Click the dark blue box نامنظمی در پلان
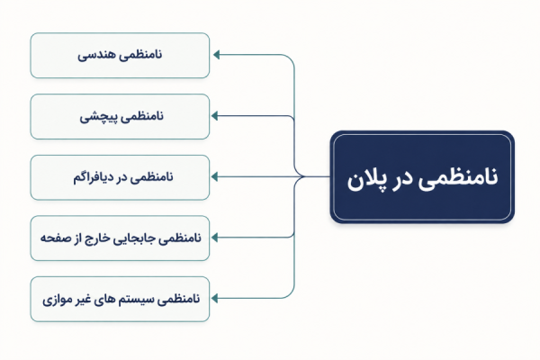pos(422,176)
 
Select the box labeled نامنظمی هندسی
pos(120,56)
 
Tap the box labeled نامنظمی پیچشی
pos(120,116)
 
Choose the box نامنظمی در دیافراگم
pos(120,177)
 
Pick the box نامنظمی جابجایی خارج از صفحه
pos(120,238)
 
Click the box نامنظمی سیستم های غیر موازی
pos(120,299)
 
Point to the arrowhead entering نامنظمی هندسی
pos(216,54)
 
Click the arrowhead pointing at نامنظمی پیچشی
pos(214,116)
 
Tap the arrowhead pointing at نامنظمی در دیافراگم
pos(214,176)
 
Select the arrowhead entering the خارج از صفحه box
pos(214,238)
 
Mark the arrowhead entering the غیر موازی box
pos(214,298)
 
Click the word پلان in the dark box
pos(364,179)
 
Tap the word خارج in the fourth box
pos(97,238)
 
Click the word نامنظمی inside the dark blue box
pos(458,178)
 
